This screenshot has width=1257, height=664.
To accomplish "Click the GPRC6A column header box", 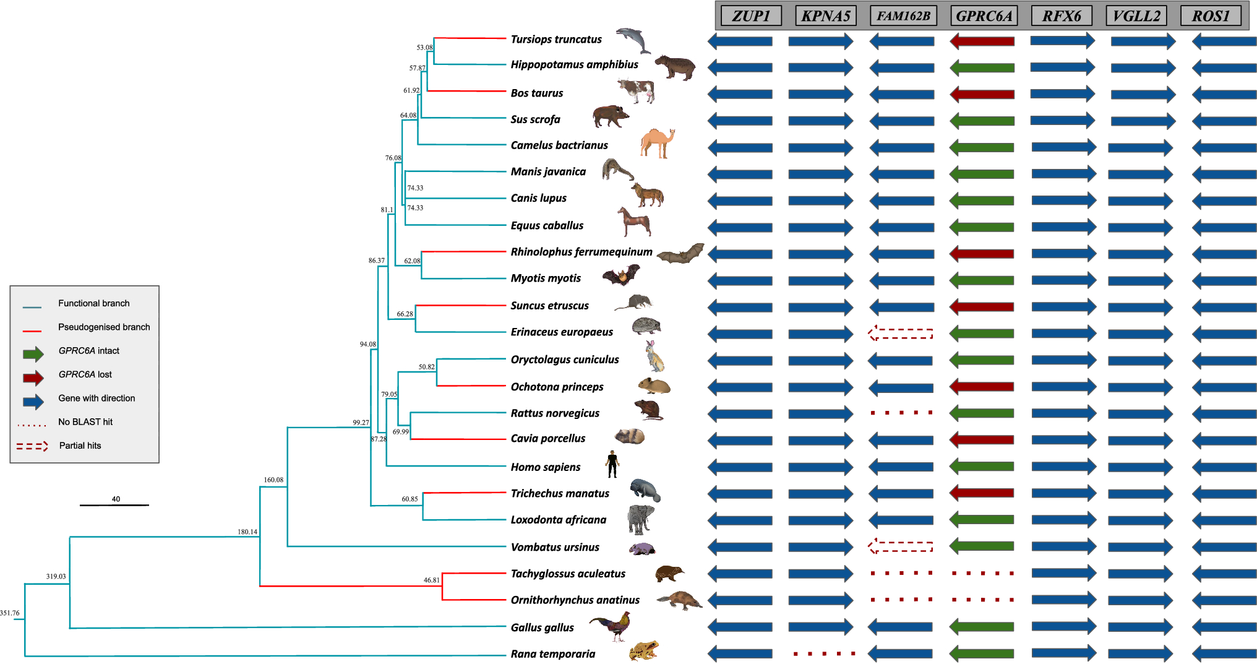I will pyautogui.click(x=984, y=16).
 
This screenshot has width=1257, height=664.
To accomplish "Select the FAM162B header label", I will pyautogui.click(x=903, y=16).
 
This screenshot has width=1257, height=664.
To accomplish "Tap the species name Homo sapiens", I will pyautogui.click(x=546, y=467).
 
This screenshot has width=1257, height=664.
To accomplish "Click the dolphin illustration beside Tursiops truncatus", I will pyautogui.click(x=633, y=40).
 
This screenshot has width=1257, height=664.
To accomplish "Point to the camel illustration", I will pyautogui.click(x=657, y=144).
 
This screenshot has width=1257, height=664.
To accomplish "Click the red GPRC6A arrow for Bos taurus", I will pyautogui.click(x=982, y=95).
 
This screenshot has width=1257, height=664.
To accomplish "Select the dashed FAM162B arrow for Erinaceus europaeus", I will pyautogui.click(x=901, y=334).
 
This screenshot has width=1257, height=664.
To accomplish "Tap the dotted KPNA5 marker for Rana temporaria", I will pyautogui.click(x=825, y=653).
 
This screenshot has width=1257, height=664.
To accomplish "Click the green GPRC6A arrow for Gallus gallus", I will pyautogui.click(x=982, y=627).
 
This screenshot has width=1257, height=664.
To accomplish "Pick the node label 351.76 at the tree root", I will pyautogui.click(x=10, y=613).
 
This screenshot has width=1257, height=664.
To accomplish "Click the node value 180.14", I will pyautogui.click(x=247, y=532).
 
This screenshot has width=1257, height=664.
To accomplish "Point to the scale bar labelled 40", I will pyautogui.click(x=114, y=505).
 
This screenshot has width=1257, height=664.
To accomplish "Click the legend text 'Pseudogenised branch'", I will pyautogui.click(x=104, y=327).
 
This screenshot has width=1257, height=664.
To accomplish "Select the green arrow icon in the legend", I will pyautogui.click(x=33, y=353).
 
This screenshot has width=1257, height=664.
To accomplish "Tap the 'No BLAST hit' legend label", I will pyautogui.click(x=85, y=422).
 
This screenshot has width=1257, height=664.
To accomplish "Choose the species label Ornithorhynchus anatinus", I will pyautogui.click(x=575, y=600).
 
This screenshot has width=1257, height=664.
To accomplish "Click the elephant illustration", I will pyautogui.click(x=640, y=519).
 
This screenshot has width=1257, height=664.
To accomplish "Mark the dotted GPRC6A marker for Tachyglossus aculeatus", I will pyautogui.click(x=982, y=574).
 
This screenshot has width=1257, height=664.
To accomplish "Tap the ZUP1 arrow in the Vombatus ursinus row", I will pyautogui.click(x=740, y=547).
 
